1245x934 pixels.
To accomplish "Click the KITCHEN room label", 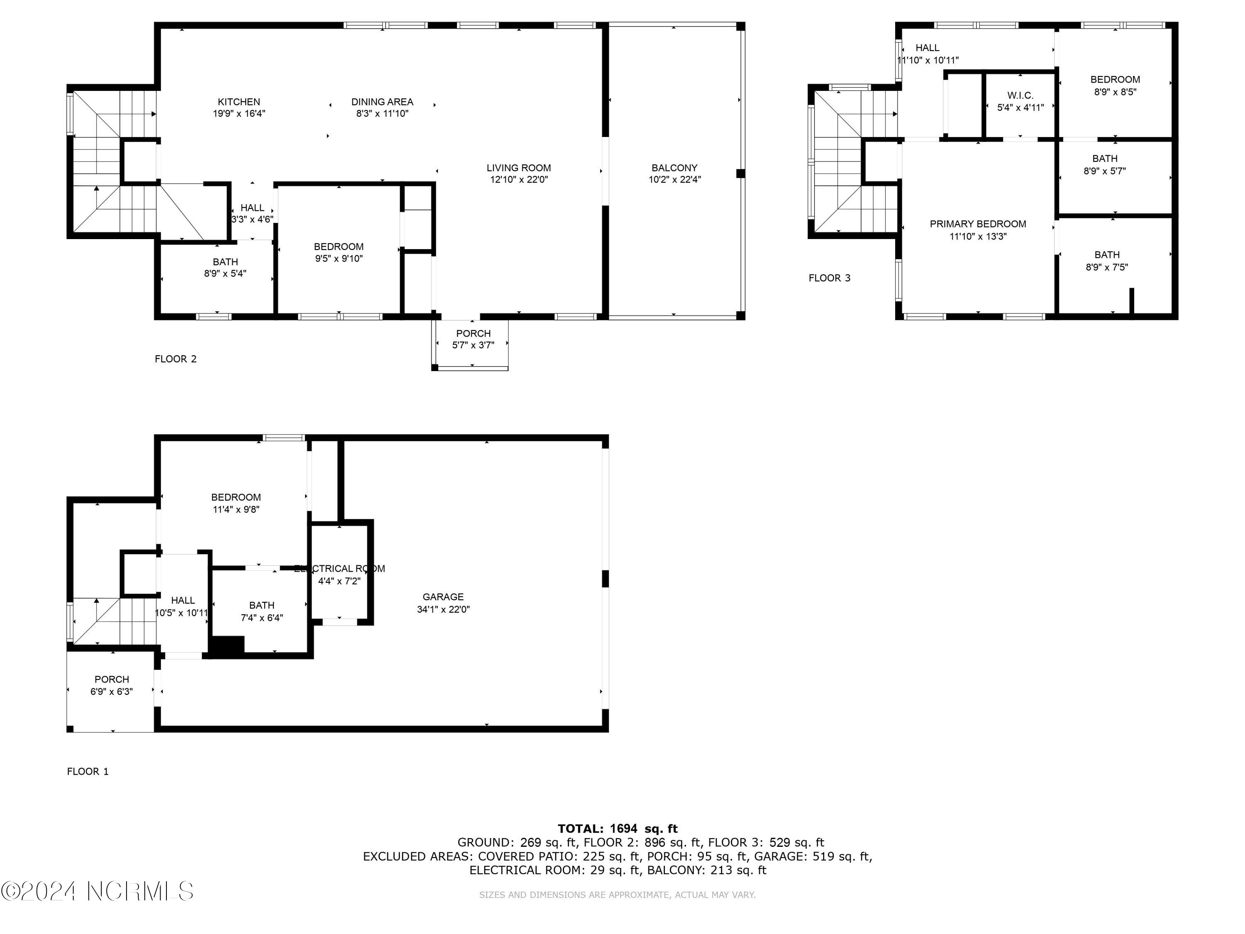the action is point(239,102).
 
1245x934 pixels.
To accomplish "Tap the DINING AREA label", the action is point(382,102).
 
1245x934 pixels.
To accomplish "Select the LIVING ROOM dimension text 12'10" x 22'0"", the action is point(518,180).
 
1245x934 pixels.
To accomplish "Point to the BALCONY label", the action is point(674,168).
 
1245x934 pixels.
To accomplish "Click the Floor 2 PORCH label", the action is point(474,333).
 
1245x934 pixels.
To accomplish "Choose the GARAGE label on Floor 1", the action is point(443,597).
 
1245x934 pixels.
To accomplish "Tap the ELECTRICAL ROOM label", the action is point(339,569).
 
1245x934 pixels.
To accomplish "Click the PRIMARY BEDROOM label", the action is point(978,224).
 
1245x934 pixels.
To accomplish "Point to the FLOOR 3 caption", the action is point(830,278).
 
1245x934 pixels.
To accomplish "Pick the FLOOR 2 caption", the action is point(176,359).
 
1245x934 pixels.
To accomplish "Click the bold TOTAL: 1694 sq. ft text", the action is point(618,829).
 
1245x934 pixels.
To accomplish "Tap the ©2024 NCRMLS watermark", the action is point(98,891).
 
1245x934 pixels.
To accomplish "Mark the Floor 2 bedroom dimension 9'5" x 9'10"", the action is point(339,259).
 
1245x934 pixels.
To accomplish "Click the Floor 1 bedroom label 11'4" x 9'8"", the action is point(236,509).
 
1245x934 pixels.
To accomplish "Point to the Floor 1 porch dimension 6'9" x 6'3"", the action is point(112,691).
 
